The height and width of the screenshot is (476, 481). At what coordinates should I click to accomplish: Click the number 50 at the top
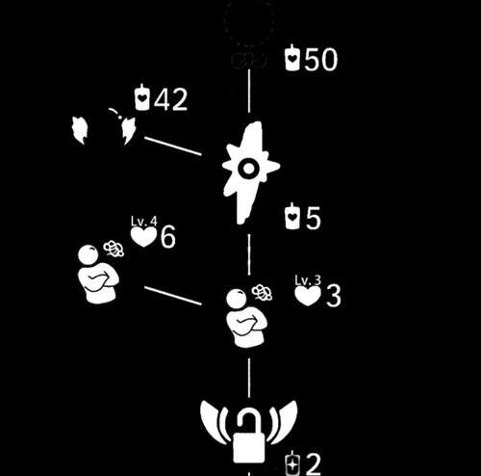(x=321, y=60)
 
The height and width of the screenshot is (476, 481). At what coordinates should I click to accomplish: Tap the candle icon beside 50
(x=292, y=57)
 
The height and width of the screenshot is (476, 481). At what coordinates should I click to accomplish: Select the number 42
(x=170, y=99)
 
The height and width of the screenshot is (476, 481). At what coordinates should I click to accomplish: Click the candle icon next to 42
(x=142, y=97)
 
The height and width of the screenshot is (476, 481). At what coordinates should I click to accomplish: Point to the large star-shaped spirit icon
(x=250, y=172)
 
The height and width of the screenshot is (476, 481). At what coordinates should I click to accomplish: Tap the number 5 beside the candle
(x=314, y=218)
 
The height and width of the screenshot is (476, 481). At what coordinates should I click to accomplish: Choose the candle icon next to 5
(x=292, y=216)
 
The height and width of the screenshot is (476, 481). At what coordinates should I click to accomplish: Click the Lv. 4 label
(x=144, y=221)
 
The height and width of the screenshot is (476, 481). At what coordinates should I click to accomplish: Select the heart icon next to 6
(x=143, y=237)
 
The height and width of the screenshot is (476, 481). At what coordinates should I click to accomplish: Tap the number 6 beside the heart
(x=167, y=237)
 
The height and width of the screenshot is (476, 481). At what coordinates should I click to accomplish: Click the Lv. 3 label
(x=308, y=280)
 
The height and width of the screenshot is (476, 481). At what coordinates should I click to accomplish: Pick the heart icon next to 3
(x=308, y=296)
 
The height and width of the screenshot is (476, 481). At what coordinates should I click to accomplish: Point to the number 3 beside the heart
(x=334, y=296)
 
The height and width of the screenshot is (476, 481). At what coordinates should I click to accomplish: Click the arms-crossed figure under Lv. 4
(x=98, y=274)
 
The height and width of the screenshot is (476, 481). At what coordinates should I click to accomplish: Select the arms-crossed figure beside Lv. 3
(x=246, y=318)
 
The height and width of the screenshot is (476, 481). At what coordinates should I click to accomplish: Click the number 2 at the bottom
(x=314, y=463)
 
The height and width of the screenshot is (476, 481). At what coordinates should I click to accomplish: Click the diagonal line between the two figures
(x=173, y=296)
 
